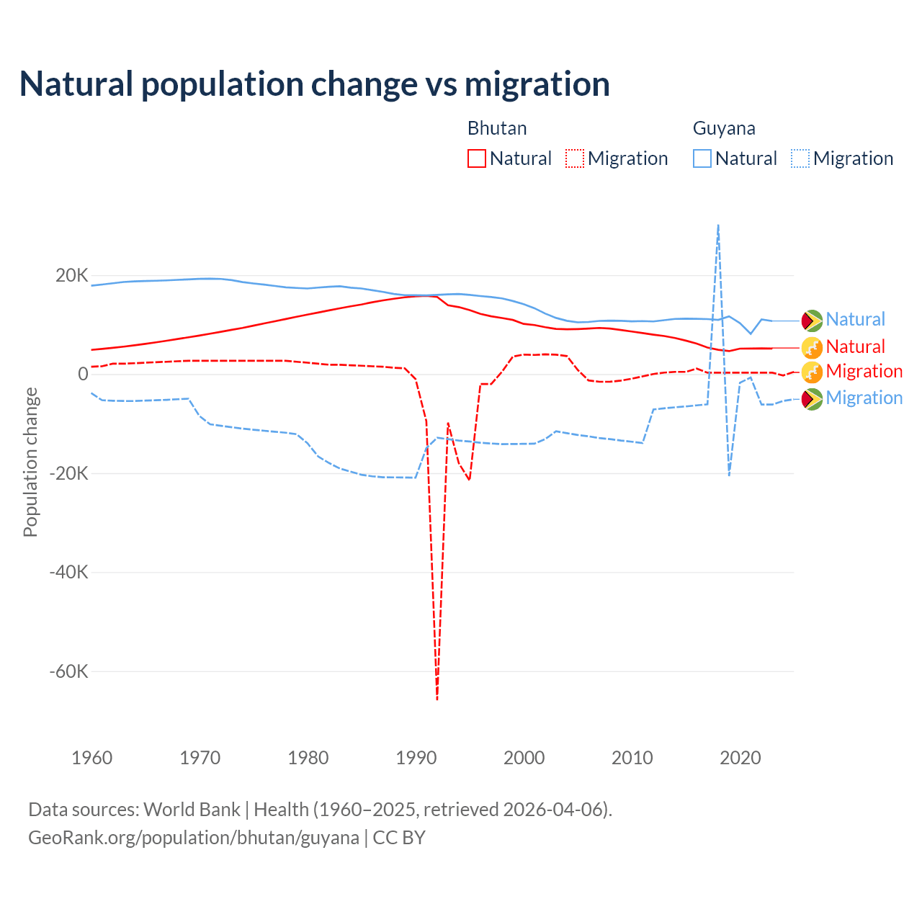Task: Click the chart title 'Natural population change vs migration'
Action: [315, 84]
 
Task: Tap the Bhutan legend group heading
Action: [497, 129]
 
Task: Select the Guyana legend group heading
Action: [724, 129]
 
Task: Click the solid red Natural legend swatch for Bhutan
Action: [477, 158]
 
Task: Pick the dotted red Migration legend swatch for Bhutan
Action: [575, 158]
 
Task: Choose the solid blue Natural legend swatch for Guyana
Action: [702, 158]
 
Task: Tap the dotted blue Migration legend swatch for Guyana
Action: [800, 158]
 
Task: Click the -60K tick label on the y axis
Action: [68, 672]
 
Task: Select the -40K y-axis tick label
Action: [68, 573]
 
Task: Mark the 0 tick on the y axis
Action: [83, 375]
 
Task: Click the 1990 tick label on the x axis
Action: [416, 758]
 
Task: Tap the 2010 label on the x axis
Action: [632, 758]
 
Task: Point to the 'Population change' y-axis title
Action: [30, 462]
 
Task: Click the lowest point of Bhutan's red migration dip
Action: [437, 698]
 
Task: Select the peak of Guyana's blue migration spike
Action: [718, 225]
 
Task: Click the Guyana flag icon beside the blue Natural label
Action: [812, 320]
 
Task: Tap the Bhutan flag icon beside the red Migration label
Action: [812, 372]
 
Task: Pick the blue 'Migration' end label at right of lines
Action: [864, 398]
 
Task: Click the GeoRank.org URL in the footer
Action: [194, 838]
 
